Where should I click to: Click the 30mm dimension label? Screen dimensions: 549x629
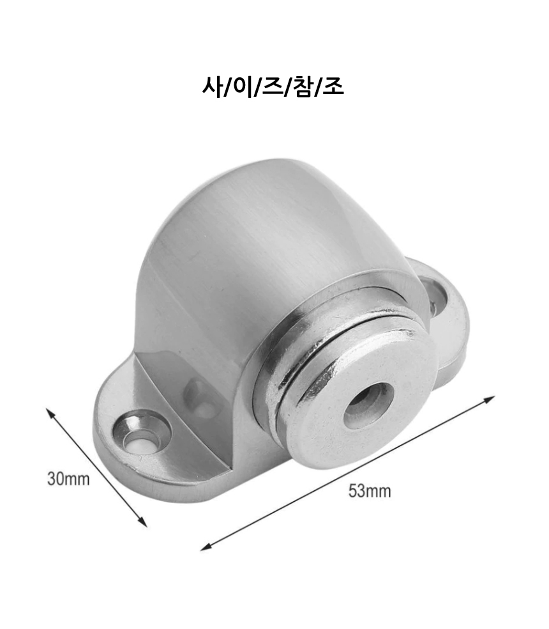68,479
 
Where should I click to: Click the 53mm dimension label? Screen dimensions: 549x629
370,491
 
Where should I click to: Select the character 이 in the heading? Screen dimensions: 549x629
243,86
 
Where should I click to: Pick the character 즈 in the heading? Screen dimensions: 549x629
273,87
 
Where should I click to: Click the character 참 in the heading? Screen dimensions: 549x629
303,87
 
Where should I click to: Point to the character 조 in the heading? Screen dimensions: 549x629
333,87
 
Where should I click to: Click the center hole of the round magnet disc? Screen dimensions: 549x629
368,405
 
